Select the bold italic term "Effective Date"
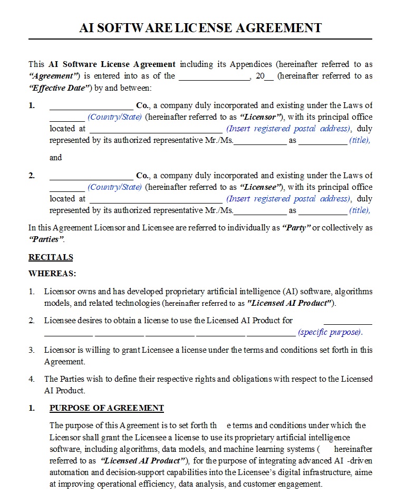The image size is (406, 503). pos(59,88)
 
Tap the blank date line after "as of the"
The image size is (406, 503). pos(214,76)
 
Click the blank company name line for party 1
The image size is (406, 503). pos(91,106)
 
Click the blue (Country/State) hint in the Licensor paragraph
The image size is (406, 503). pos(114,117)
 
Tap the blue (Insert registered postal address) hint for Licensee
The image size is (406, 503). pos(288,199)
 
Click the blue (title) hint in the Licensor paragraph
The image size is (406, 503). pos(360,141)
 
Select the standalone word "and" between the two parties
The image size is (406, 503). pos(55,158)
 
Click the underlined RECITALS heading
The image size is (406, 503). pos(51,257)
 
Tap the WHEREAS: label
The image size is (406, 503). pos(52,274)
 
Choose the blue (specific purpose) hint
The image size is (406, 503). pos(331,333)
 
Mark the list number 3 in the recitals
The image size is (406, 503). pos(32,350)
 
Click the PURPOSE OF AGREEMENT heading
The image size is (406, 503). pos(107,408)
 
